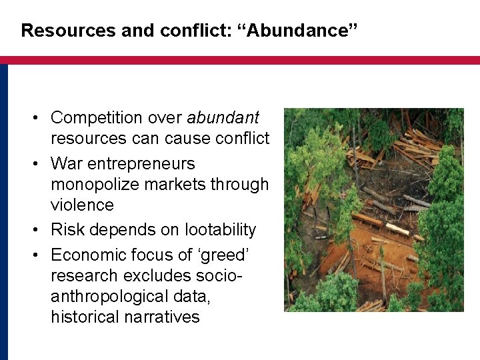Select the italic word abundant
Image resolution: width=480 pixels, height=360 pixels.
pyautogui.click(x=223, y=118)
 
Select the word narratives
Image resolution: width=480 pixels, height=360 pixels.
pyautogui.click(x=162, y=317)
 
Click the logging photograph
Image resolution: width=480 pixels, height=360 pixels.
pyautogui.click(x=373, y=210)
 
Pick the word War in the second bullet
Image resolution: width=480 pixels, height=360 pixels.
pyautogui.click(x=65, y=163)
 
